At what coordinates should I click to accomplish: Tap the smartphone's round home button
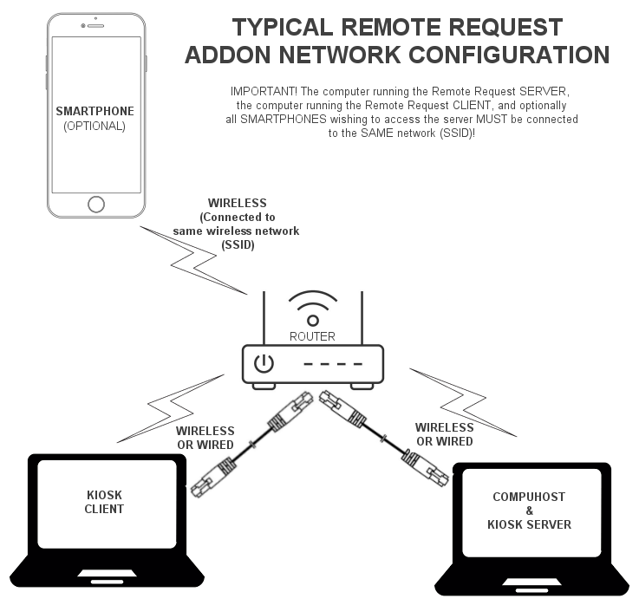(96, 204)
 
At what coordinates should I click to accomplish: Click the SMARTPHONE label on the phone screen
(95, 111)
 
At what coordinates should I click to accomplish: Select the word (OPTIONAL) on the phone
(95, 126)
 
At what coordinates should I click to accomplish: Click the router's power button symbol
(264, 363)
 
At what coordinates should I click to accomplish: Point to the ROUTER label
(312, 336)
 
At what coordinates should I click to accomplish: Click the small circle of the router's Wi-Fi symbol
(313, 321)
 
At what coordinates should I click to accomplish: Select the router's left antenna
(264, 318)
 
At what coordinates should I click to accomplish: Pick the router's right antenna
(362, 318)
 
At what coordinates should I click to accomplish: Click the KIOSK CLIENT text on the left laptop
(104, 502)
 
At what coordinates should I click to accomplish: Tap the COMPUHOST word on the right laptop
(529, 497)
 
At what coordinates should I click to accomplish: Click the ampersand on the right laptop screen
(530, 511)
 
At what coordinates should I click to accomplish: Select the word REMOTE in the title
(391, 27)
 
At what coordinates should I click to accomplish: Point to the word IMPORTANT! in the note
(264, 91)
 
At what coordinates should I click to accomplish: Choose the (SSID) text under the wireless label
(238, 244)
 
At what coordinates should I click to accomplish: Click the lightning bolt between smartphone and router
(193, 261)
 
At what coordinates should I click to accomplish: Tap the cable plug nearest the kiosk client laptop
(213, 477)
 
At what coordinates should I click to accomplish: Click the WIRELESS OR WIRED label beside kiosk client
(205, 438)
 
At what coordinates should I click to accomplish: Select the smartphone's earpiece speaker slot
(96, 26)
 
